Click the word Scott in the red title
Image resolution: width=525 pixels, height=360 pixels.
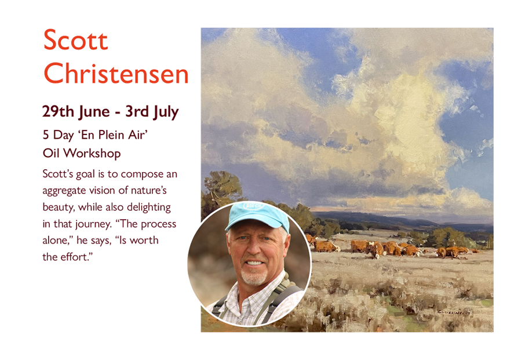pyautogui.click(x=76, y=40)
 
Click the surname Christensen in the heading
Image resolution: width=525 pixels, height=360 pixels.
pyautogui.click(x=116, y=74)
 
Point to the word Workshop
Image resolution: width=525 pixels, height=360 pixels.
pyautogui.click(x=92, y=154)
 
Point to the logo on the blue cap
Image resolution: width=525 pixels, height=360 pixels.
pyautogui.click(x=253, y=206)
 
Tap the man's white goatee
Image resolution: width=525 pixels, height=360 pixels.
pyautogui.click(x=253, y=277)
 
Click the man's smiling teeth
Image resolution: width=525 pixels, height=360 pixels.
pyautogui.click(x=254, y=263)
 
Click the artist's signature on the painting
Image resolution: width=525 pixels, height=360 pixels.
pyautogui.click(x=454, y=312)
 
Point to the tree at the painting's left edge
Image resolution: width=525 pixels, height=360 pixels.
pyautogui.click(x=221, y=191)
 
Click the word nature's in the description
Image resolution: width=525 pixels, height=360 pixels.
pyautogui.click(x=149, y=191)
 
